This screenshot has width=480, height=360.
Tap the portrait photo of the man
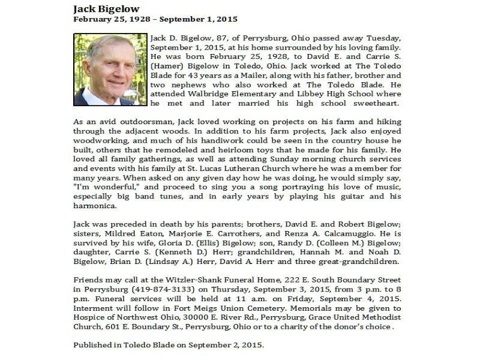click(109, 70)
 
